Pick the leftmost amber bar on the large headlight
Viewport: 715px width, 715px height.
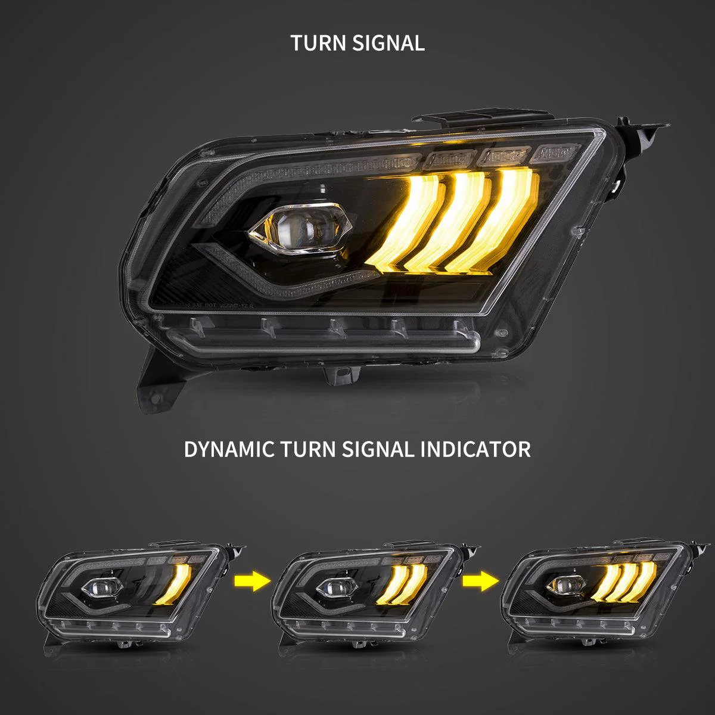coord(408,223)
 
